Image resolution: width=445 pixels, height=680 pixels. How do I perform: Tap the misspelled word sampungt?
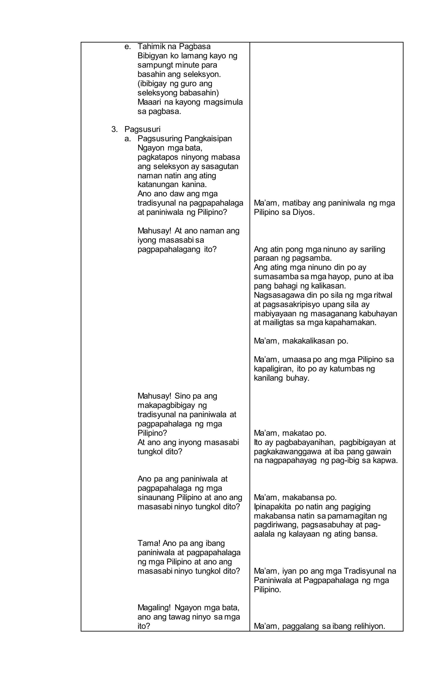coord(155,65)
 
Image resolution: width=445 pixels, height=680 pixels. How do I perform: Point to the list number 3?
coord(114,129)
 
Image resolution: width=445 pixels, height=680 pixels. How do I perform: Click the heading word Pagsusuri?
coord(142,129)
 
